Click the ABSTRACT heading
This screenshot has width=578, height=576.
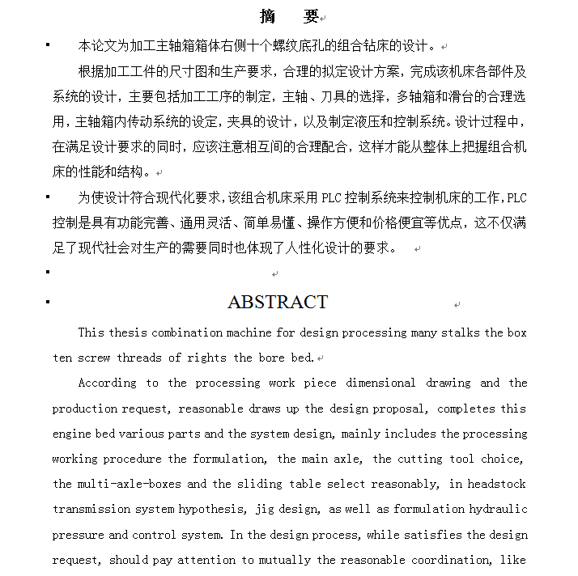pos(278,302)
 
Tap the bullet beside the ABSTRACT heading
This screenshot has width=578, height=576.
pos(48,302)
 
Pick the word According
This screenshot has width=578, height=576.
pos(107,383)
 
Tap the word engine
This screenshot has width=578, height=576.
pos(72,434)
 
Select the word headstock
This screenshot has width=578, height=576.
pos(493,484)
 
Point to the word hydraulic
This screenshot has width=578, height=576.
pos(496,509)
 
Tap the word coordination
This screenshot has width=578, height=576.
pos(445,560)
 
